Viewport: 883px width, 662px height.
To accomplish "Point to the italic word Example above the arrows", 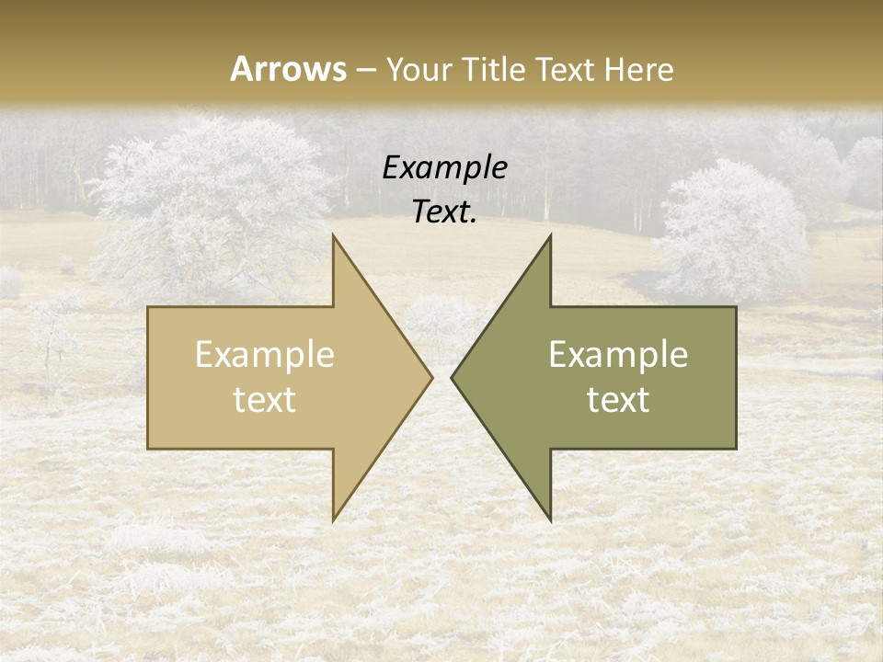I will click(x=444, y=168).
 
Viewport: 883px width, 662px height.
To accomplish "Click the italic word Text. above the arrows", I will click(x=444, y=211).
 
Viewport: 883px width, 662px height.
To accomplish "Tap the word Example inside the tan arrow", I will click(x=265, y=355).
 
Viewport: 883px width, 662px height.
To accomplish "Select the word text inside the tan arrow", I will click(x=265, y=399).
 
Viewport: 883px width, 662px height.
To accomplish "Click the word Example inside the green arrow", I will click(x=618, y=355).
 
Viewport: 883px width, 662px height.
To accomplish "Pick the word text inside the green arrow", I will click(x=618, y=399).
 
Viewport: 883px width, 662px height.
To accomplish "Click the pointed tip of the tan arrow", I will click(x=431, y=377).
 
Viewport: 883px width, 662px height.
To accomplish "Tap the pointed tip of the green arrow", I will click(x=453, y=377).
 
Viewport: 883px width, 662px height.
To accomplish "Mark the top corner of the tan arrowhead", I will click(x=334, y=236).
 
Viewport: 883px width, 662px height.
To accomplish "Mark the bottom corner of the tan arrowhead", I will click(x=334, y=519).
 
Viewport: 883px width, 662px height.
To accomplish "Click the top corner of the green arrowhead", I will click(x=550, y=236).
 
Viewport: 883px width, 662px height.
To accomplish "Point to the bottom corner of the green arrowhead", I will click(x=550, y=519).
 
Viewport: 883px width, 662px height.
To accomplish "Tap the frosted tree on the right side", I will click(x=731, y=230).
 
